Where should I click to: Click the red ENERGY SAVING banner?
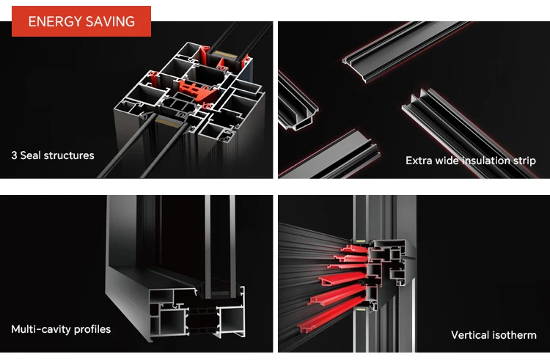(x=81, y=21)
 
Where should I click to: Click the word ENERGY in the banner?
(x=55, y=22)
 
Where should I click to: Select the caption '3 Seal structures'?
(x=53, y=155)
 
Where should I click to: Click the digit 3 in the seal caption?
(x=14, y=155)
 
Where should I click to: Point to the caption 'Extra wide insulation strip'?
(x=471, y=161)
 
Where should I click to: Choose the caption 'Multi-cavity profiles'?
(x=61, y=329)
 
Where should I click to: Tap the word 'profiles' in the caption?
(x=92, y=329)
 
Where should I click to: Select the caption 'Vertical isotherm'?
(x=494, y=335)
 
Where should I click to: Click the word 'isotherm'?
(x=515, y=335)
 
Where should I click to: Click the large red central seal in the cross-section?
(x=197, y=90)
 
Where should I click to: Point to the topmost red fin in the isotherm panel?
(x=354, y=249)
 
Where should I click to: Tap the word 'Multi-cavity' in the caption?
(x=41, y=329)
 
